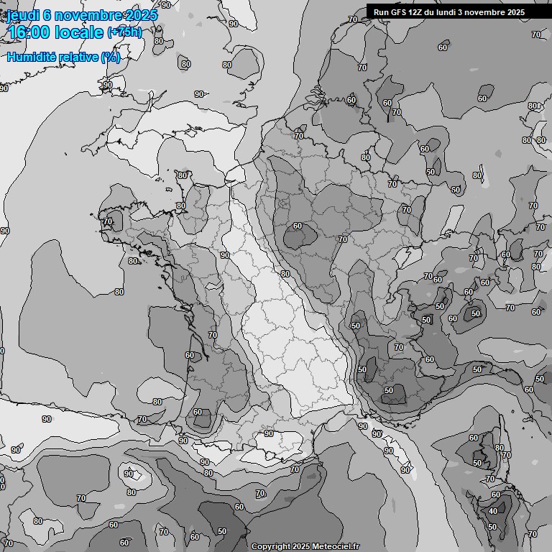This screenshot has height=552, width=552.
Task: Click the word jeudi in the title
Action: click(22, 16)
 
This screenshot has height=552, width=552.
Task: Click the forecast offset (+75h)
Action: click(124, 32)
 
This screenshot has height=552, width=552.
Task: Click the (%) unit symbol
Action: click(111, 57)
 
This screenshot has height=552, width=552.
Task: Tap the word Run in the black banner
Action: click(381, 12)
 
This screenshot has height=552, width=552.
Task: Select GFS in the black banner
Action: click(397, 12)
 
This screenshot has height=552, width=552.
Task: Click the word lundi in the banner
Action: click(447, 12)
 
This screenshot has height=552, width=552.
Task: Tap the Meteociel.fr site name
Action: click(336, 546)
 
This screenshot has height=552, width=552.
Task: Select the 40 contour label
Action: click(492, 512)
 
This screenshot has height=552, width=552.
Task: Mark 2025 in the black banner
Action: click(516, 12)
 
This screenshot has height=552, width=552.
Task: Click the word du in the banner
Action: click(431, 12)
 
